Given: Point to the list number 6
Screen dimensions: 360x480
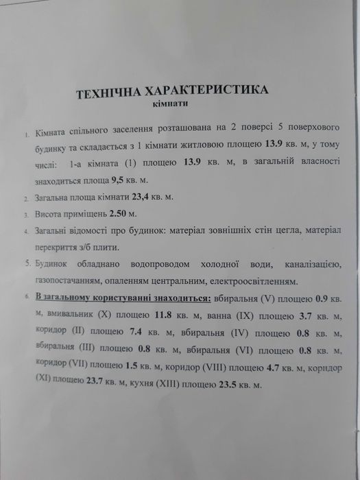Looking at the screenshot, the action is (25, 298).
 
